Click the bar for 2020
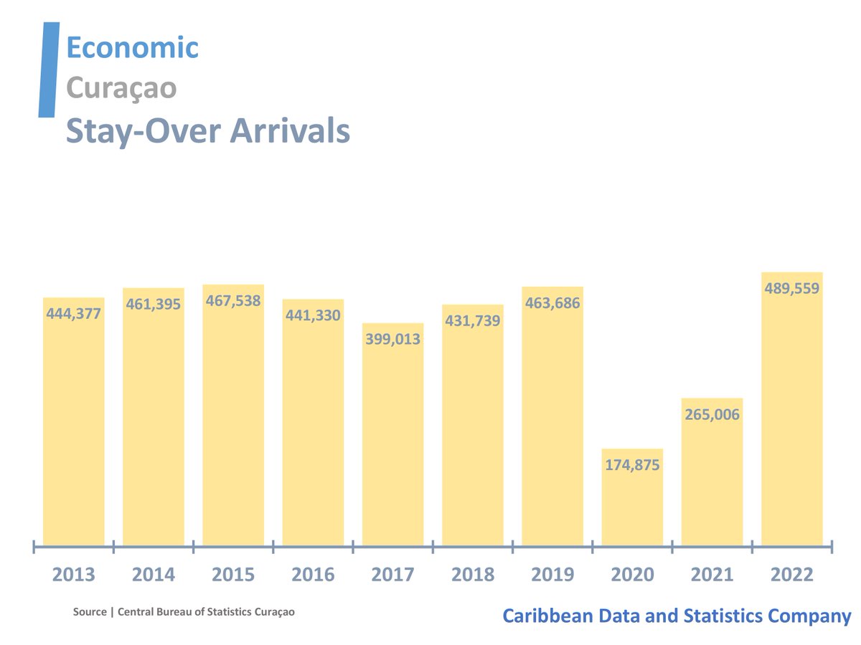[632, 502]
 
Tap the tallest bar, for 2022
[791, 416]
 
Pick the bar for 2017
[392, 444]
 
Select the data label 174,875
[632, 464]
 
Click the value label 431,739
[472, 320]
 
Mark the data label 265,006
[712, 414]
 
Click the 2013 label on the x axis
[73, 575]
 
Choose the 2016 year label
[313, 575]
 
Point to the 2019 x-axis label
[552, 575]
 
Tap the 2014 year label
[154, 575]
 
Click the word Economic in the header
[132, 48]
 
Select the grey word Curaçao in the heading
[121, 88]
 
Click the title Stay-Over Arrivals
[208, 132]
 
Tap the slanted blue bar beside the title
[48, 70]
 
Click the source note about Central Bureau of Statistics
[184, 613]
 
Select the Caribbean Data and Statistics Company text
[677, 616]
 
